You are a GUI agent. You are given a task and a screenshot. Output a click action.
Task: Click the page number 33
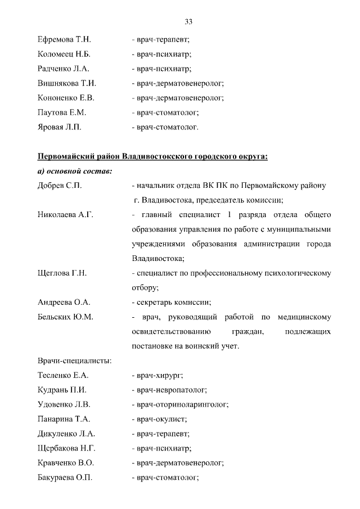pyautogui.click(x=188, y=21)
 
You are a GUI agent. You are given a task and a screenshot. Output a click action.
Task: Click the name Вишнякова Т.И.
pyautogui.click(x=66, y=83)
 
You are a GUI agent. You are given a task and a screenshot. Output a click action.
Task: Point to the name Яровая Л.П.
pyautogui.click(x=60, y=127)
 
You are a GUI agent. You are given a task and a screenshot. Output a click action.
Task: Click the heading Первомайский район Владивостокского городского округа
pyautogui.click(x=152, y=156)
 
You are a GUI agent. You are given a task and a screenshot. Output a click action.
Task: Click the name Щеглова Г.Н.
pyautogui.click(x=62, y=273)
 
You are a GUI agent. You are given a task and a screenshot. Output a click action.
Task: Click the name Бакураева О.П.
pyautogui.click(x=65, y=478)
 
